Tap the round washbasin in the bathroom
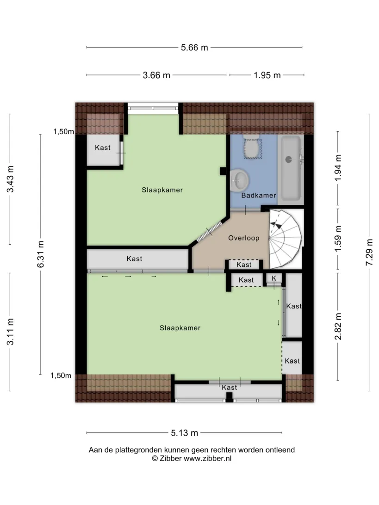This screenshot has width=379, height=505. point(239,179)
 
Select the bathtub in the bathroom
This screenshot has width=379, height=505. point(291,168)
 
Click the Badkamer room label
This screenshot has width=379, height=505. point(259,195)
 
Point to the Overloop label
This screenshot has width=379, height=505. point(243,238)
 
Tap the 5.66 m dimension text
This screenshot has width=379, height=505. point(194,47)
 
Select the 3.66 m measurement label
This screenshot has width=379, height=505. point(156,75)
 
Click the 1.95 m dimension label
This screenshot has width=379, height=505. point(267,75)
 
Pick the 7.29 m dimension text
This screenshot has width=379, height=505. point(369,252)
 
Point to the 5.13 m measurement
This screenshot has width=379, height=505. point(184,433)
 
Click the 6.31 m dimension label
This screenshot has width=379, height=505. point(41,254)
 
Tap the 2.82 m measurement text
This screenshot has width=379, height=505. point(338,326)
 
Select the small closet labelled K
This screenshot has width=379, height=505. point(274,279)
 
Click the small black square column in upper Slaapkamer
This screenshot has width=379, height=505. point(223,171)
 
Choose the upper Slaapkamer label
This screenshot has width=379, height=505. point(162,190)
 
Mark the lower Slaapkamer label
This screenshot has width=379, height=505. point(180,328)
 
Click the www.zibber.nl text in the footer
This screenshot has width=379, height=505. point(207,458)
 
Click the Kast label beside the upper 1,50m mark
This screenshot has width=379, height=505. point(102,148)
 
